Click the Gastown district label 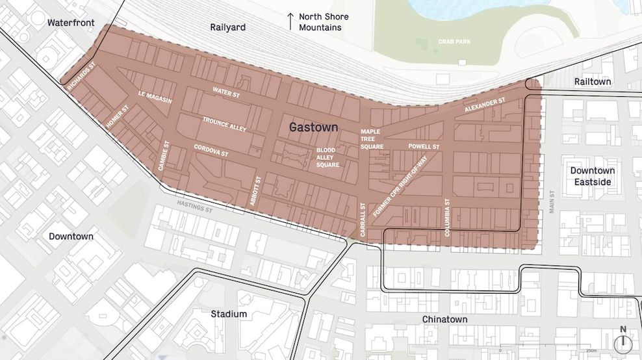[314, 127]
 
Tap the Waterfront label [71, 23]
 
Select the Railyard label [227, 27]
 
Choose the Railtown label [592, 81]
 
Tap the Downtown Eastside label [592, 176]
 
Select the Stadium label [229, 314]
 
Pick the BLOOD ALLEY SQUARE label [328, 157]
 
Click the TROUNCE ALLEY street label [224, 124]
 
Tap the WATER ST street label [226, 92]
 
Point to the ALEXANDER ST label [485, 106]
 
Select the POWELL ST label [424, 147]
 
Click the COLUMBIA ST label [447, 218]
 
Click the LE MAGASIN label [155, 97]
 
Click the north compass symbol [623, 341]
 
